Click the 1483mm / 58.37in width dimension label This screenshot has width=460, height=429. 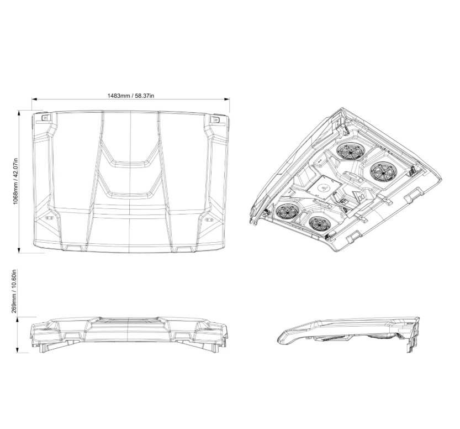[130, 96]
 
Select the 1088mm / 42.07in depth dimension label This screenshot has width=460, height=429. [16, 181]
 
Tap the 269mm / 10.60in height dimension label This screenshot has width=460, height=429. [15, 291]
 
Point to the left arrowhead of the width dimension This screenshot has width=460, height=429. [34, 100]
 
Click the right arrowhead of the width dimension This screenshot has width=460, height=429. [227, 100]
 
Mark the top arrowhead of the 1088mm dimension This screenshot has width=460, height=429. [19, 113]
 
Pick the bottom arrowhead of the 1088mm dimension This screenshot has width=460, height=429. [19, 250]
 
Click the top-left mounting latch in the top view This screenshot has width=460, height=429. [45, 118]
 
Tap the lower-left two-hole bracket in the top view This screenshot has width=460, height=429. [49, 218]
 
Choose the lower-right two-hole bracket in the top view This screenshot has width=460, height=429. [209, 219]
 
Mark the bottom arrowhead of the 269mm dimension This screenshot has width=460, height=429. [19, 350]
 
